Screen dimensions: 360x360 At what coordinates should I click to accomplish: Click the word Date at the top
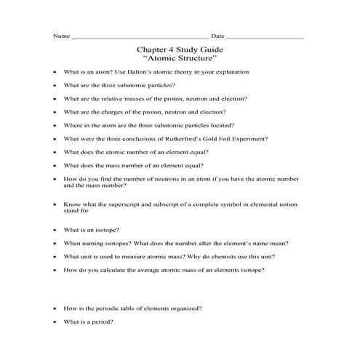point(217,36)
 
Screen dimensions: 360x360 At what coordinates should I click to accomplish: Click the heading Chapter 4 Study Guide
point(180,49)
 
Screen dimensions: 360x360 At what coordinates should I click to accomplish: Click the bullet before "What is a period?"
point(55,322)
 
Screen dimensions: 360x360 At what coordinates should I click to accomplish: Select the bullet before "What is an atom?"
point(55,73)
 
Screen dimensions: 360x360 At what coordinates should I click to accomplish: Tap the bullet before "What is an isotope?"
point(55,231)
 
